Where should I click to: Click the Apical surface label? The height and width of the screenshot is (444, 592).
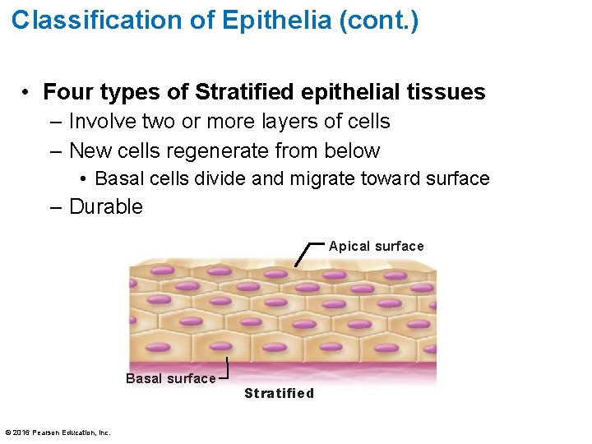[376, 247]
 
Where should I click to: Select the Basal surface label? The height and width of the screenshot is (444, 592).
[170, 378]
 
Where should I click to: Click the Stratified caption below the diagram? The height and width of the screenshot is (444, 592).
[279, 393]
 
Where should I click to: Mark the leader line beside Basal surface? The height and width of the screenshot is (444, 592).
[224, 370]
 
